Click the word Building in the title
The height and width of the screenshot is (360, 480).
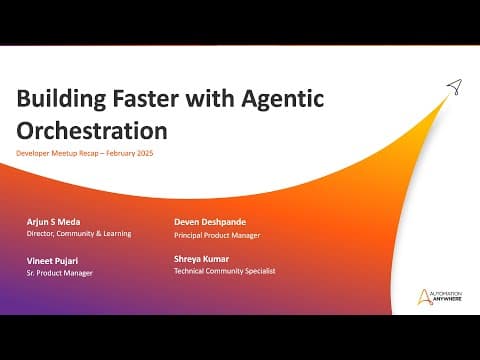pos(61,99)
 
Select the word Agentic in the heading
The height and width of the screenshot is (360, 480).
pos(283,100)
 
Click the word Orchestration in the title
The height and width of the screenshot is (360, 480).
pos(92,130)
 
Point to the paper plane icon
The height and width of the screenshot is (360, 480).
pos(455,87)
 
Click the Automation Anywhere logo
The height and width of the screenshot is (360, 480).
pos(440,297)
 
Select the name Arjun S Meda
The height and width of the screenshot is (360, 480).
pos(53,222)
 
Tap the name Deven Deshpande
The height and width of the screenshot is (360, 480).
pos(210,222)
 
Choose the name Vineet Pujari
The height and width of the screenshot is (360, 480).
pos(52,261)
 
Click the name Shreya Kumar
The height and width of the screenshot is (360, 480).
pos(201,259)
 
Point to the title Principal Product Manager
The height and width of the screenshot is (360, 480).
pos(217,235)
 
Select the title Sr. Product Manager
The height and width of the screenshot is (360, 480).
pos(60,273)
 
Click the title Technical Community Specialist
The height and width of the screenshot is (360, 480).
pos(225,271)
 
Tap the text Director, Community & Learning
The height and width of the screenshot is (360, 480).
pos(79,234)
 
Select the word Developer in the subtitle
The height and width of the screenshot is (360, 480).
pos(33,153)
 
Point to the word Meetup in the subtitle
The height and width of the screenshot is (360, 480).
pos(64,153)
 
